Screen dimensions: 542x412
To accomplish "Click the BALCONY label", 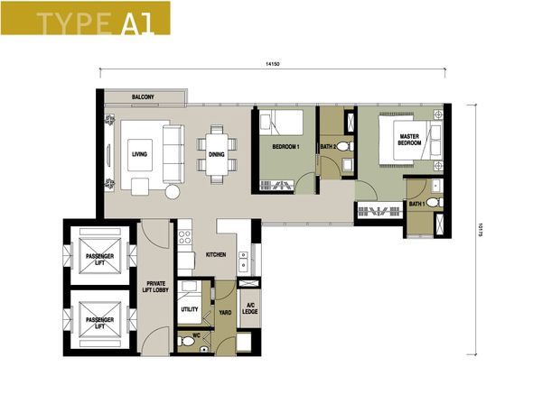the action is pos(143,97).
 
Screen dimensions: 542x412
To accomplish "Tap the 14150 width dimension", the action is pos(273,64).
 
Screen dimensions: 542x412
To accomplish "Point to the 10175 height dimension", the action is pos(481,230).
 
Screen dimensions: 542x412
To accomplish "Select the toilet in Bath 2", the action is pos(344,146).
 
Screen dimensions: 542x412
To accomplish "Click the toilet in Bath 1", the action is pos(435,202).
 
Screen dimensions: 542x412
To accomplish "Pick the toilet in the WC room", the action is pos(186,341).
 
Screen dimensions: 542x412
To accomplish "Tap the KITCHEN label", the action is pos(216,254).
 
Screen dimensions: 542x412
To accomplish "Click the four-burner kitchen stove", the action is pos(184,237).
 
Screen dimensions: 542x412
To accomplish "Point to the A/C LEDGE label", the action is pos(250,308).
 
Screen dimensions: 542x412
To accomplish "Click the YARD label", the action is pos(225,313).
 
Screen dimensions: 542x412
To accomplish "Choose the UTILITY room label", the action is pos(190,309).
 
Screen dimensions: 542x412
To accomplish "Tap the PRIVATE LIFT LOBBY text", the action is pos(155,287).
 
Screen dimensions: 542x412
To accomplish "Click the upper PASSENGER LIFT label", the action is pos(100,260).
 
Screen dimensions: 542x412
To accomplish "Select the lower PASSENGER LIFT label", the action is pos(100,323).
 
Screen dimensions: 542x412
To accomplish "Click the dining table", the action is pos(217,154).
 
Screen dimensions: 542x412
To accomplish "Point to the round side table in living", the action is pos(173,192).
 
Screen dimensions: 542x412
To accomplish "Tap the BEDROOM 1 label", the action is pos(285,147).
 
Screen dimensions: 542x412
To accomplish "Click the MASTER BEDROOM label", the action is pos(409,140).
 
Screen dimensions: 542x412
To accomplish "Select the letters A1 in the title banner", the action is pos(137,23).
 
